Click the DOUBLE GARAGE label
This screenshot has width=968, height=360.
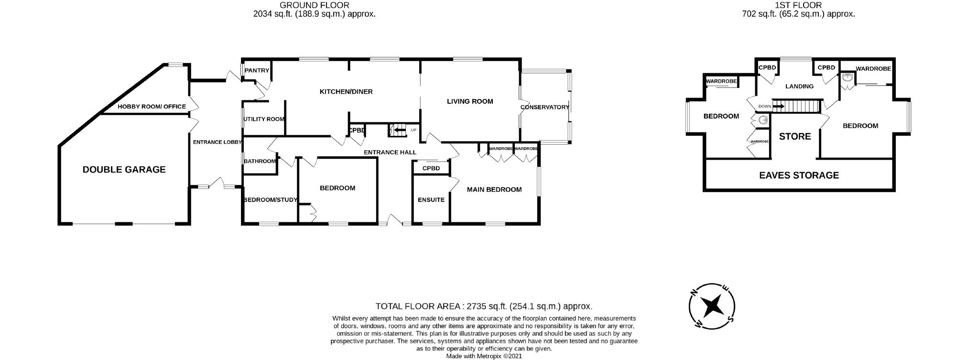click(x=124, y=170)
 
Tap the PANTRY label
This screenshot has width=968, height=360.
click(x=257, y=71)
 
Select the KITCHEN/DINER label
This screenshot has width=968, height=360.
click(x=346, y=92)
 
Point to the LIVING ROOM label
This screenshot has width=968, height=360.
click(x=470, y=101)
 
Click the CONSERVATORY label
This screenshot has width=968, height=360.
click(x=544, y=107)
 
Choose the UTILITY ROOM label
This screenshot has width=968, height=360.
click(x=264, y=119)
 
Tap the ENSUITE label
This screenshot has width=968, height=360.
click(x=431, y=200)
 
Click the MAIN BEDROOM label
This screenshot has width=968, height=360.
click(x=494, y=190)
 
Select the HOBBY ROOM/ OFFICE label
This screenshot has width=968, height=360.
click(x=152, y=107)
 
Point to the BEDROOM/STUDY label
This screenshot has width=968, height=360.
click(x=271, y=200)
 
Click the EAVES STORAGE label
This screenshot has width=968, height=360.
click(x=799, y=175)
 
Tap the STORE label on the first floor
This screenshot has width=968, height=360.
click(x=794, y=137)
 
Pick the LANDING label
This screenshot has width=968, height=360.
click(x=799, y=87)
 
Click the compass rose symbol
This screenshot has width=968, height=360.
click(x=712, y=306)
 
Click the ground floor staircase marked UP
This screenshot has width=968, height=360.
click(x=398, y=130)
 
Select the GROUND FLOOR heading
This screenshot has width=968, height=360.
click(x=314, y=5)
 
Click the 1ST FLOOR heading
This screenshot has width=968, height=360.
click(x=798, y=5)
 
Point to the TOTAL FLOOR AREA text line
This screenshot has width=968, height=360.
click(x=484, y=306)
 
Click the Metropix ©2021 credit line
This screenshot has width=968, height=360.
click(x=484, y=356)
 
